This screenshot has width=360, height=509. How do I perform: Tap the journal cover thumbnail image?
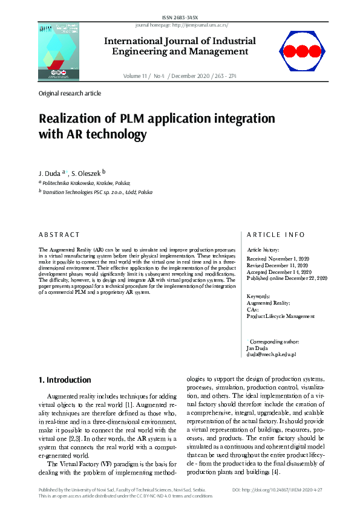[x=58, y=52]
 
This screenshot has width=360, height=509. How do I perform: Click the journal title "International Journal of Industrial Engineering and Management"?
[x=180, y=47]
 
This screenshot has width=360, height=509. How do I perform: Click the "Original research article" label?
[x=70, y=94]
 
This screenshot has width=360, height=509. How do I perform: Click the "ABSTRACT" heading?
[x=59, y=235]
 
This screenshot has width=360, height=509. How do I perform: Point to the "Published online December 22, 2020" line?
[x=287, y=278]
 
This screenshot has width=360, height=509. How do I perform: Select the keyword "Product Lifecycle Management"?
[x=281, y=316]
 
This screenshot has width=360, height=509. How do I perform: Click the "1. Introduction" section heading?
[x=65, y=380]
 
